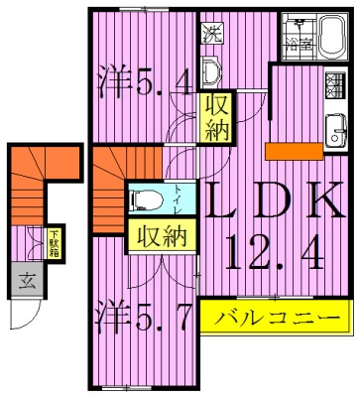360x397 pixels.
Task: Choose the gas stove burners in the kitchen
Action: click(334, 82)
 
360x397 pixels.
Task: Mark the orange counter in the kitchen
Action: click(295, 150)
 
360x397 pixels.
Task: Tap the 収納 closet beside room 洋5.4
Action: click(216, 117)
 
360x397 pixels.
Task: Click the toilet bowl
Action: click(148, 198)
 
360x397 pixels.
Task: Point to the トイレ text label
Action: click(178, 198)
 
